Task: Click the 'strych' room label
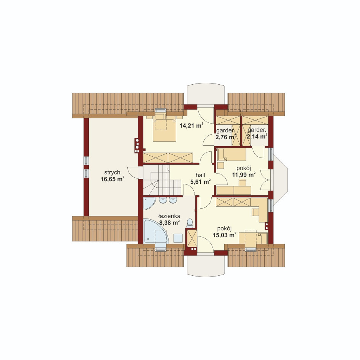tap(112, 173)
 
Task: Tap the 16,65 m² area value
tap(112, 179)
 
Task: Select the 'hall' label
tap(201, 175)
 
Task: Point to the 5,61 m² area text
tap(201, 182)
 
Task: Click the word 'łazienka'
tap(169, 216)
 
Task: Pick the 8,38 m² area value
tap(169, 222)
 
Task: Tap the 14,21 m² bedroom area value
tap(191, 125)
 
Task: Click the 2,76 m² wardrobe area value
tap(226, 137)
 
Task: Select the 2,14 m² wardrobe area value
tap(257, 137)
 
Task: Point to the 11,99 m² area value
tap(244, 175)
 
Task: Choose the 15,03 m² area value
tap(225, 235)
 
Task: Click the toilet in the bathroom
tap(190, 223)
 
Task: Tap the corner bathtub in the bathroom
tap(155, 232)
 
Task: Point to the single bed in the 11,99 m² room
tap(231, 154)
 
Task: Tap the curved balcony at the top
tap(206, 94)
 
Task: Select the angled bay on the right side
tap(280, 179)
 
